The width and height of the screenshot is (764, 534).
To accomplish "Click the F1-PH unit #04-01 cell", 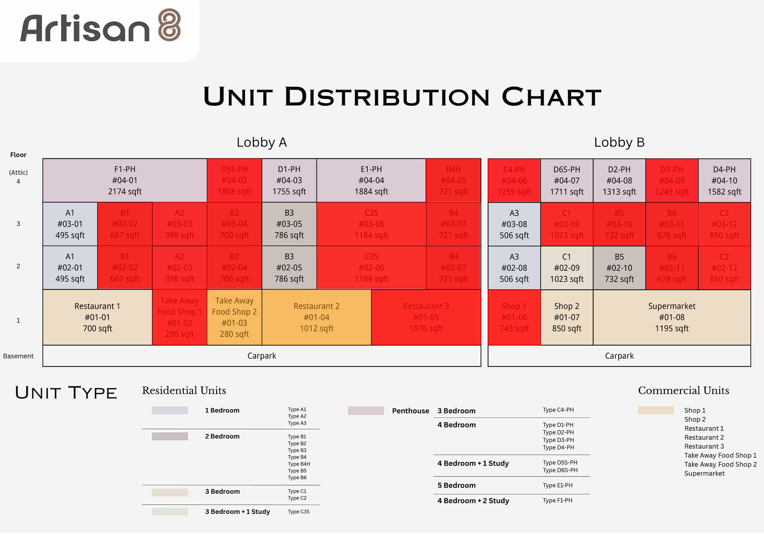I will point(125,180).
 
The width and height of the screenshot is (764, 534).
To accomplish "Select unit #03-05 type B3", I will point(289,224).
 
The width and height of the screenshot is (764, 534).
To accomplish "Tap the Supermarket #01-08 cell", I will point(671,317).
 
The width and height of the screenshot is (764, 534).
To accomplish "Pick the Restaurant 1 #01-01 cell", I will point(97,317).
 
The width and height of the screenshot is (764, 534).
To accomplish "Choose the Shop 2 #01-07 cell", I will point(566,317).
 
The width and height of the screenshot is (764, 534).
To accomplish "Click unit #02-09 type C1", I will point(566,268).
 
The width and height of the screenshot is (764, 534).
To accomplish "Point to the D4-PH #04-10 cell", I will point(724,180).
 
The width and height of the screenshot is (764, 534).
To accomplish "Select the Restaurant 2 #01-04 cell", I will point(316,317).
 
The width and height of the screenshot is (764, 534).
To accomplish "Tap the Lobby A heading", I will point(262,142).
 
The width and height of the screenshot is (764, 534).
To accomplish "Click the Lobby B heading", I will point(619,142).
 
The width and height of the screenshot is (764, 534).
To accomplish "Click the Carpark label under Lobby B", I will point(619,356).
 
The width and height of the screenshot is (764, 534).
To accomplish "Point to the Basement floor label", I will point(18,356).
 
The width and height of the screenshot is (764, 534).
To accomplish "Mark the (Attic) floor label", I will point(18,172).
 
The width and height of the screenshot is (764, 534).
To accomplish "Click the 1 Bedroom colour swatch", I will point(170,410).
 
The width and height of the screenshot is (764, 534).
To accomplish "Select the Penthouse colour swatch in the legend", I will point(365,411).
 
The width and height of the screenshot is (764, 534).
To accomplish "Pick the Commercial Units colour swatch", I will point(656,410).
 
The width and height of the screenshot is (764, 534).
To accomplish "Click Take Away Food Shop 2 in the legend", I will point(720,464).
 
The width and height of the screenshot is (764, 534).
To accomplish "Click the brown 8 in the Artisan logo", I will point(169,25).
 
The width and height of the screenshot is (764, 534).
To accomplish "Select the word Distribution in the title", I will point(387,97).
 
